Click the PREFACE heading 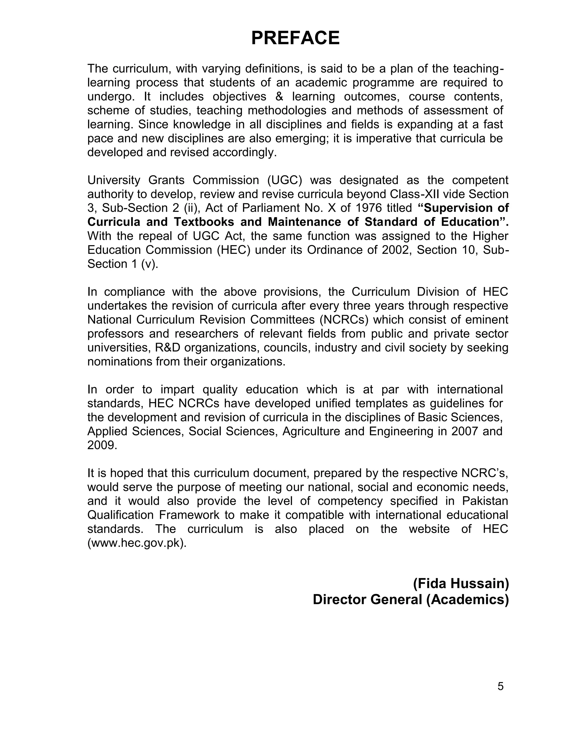[295, 38]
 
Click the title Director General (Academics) [411, 599]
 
